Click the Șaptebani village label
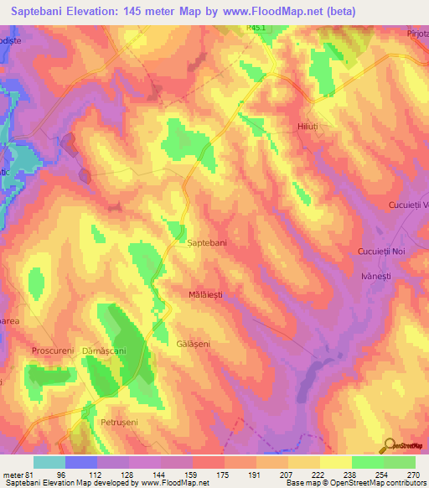coord(206,242)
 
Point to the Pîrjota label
coord(415,32)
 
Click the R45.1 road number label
coord(258,28)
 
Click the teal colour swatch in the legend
coord(49,462)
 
